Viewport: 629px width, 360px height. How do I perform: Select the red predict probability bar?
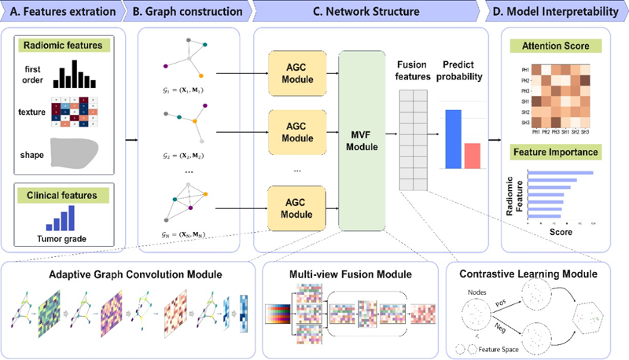[471, 155]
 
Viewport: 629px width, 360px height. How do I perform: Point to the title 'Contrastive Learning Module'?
[529, 274]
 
